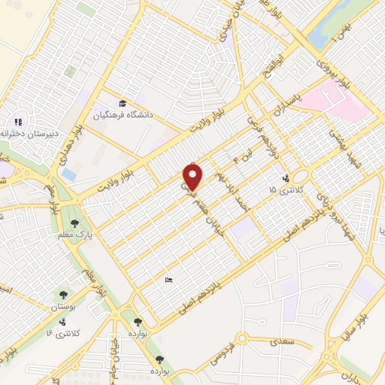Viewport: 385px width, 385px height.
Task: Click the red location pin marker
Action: point(193,177)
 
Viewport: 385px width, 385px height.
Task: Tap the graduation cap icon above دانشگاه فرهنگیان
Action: point(121,104)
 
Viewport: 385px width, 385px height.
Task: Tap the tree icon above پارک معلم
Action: point(74,223)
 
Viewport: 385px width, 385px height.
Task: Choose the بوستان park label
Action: point(62,308)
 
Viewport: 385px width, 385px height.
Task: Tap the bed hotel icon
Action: point(168,280)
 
